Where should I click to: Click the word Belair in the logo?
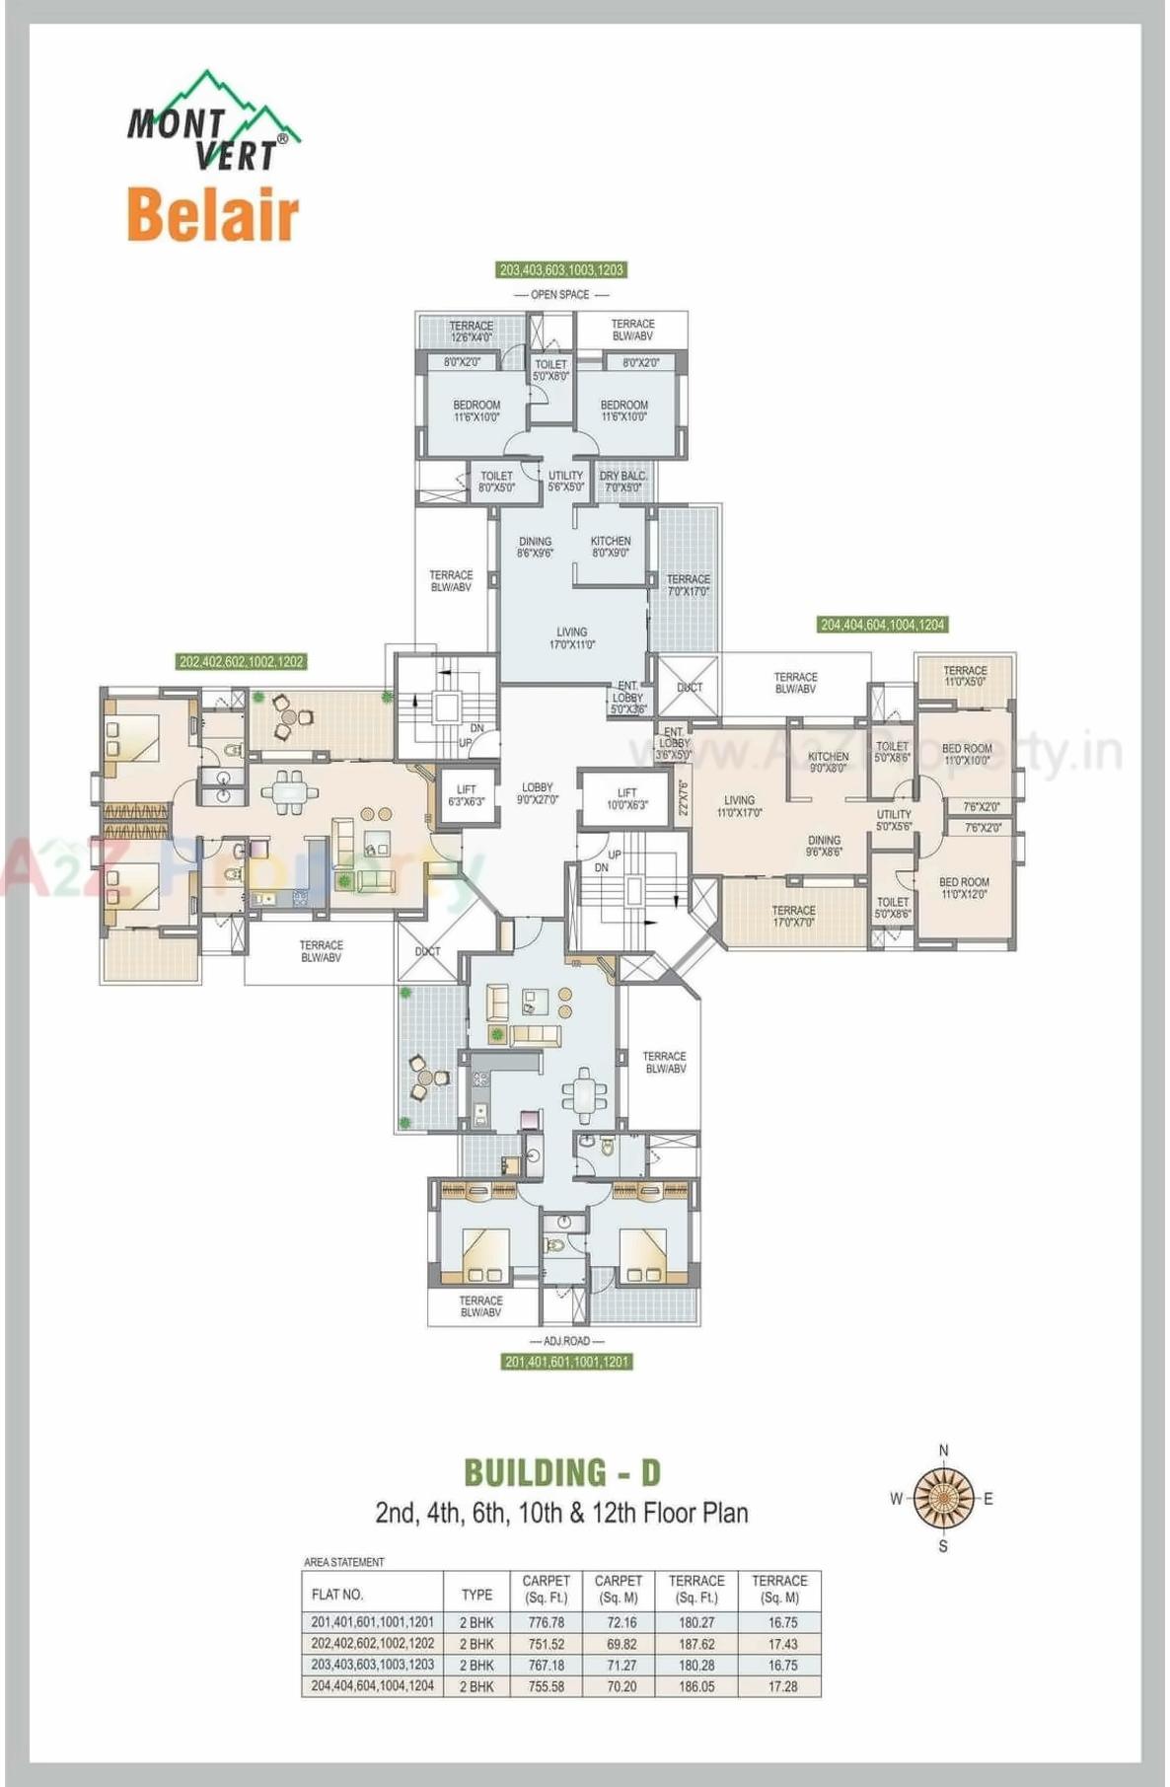[x=212, y=215]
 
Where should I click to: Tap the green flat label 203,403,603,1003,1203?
[x=561, y=269]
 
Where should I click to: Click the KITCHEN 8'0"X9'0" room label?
[x=611, y=547]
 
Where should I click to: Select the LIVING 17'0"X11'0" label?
[x=571, y=637]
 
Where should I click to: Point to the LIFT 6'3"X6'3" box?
[x=466, y=795]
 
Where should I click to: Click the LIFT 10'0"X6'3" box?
[x=626, y=798]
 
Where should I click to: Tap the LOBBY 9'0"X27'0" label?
[x=538, y=793]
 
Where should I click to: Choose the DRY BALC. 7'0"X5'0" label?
[x=622, y=482]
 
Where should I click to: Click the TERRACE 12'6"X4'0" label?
[x=471, y=331]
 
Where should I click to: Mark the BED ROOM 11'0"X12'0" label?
[x=964, y=888]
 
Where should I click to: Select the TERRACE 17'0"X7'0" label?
[x=793, y=916]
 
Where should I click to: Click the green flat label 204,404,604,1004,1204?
[x=882, y=625]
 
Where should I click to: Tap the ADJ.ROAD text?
[x=566, y=1341]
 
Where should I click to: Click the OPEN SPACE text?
[x=560, y=294]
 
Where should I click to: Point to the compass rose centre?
[x=943, y=1498]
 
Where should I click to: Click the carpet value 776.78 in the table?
[x=546, y=1622]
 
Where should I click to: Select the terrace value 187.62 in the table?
[x=696, y=1644]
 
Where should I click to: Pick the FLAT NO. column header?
[x=337, y=1595]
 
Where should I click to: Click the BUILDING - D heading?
[x=562, y=1472]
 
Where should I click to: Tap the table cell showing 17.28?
[x=782, y=1686]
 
